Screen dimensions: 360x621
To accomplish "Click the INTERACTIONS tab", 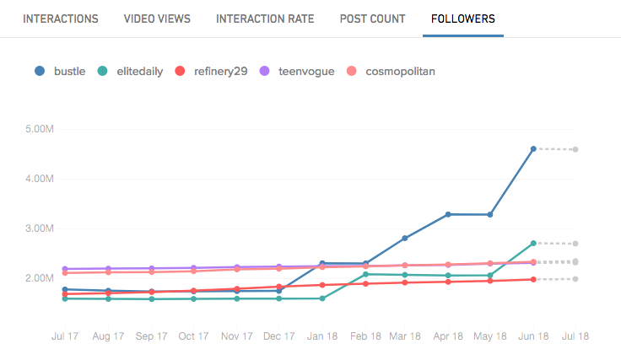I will pyautogui.click(x=61, y=19).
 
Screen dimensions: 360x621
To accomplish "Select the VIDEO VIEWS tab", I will pyautogui.click(x=157, y=19).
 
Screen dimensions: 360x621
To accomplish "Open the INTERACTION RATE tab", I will pyautogui.click(x=265, y=19).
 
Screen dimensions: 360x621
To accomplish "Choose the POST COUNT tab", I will pyautogui.click(x=372, y=19).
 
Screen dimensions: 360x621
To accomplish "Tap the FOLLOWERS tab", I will pyautogui.click(x=462, y=19).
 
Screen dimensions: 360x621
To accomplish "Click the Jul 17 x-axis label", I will pyautogui.click(x=64, y=336).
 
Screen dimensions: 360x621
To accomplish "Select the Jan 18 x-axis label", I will pyautogui.click(x=322, y=336).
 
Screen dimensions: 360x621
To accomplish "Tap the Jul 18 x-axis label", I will pyautogui.click(x=575, y=336).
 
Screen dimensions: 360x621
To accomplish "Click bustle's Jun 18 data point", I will pyautogui.click(x=533, y=149).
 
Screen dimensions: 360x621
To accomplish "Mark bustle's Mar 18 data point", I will pyautogui.click(x=405, y=238).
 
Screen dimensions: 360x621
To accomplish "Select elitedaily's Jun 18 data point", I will pyautogui.click(x=533, y=244).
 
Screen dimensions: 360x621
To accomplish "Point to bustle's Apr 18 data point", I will pyautogui.click(x=448, y=214).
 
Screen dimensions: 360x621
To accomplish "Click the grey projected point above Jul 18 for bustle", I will pyautogui.click(x=575, y=150).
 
